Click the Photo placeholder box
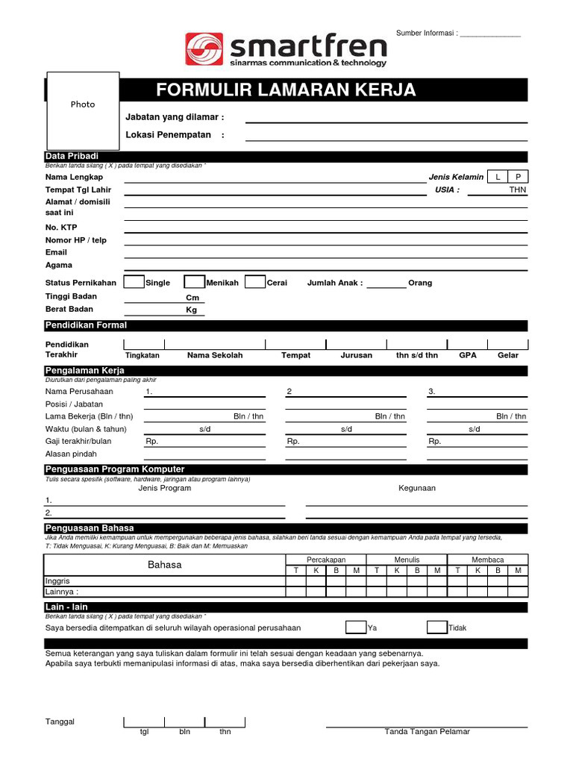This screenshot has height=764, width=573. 83,110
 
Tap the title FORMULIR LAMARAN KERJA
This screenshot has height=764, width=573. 286,90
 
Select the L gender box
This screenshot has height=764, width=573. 496,177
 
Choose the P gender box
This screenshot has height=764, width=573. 518,177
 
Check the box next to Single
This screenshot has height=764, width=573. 134,282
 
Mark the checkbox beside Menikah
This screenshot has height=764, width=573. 195,282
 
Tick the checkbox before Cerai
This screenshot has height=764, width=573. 255,282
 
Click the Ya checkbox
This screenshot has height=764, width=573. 356,627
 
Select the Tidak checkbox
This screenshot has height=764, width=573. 437,627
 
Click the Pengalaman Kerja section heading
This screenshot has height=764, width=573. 84,370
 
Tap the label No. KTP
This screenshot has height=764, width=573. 61,227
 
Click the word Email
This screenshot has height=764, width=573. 56,252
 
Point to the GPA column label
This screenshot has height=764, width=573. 468,355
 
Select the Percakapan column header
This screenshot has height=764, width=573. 326,560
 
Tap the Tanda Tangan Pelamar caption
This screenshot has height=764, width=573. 427,732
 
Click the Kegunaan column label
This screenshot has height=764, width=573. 417,488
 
